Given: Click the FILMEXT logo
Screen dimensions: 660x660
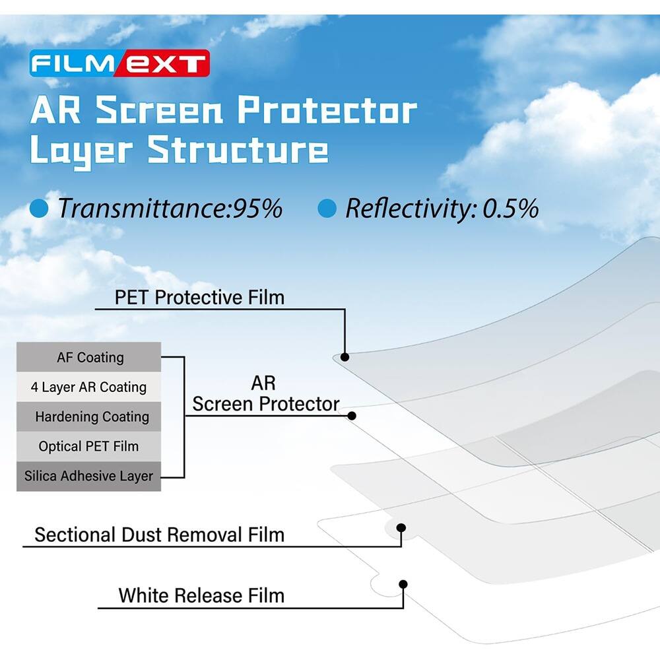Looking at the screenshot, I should tap(119, 64).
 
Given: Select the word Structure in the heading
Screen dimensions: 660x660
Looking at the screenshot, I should tap(238, 150).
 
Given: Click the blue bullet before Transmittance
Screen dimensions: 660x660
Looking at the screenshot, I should tap(40, 209).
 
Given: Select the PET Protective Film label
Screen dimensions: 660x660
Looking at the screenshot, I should tap(199, 297).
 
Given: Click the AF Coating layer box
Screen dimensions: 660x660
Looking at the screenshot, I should tap(89, 358).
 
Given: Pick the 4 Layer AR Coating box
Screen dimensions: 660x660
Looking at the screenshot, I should tap(89, 387).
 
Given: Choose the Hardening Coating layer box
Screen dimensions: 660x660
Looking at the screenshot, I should tap(89, 417).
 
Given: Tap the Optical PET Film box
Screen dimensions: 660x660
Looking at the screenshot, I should tap(89, 447).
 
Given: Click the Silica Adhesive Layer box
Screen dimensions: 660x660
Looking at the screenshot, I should tap(89, 476).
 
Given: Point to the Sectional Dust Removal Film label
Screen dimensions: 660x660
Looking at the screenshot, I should tap(159, 534).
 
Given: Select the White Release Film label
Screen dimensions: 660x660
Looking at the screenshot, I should tap(201, 595).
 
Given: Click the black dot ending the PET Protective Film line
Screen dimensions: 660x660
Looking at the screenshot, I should tap(345, 357).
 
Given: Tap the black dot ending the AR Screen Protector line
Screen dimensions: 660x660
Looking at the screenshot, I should tap(352, 416).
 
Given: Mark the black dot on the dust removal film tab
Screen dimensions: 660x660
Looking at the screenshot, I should tap(401, 527).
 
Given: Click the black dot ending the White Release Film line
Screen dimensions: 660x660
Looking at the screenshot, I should tap(402, 584).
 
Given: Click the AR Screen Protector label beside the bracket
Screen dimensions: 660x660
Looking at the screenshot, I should tap(265, 394).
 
